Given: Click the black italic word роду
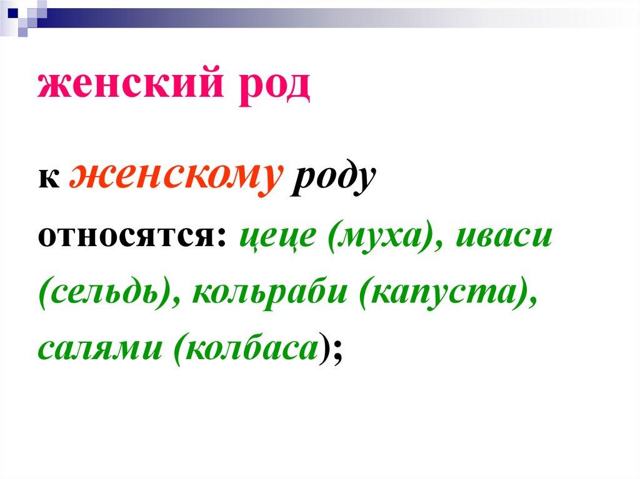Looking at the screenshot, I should (x=332, y=179).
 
